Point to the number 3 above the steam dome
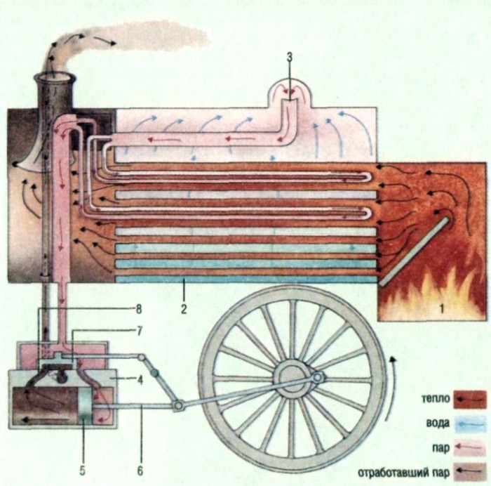[x=290, y=59]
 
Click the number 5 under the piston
[x=83, y=450]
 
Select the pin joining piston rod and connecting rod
[x=179, y=406]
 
